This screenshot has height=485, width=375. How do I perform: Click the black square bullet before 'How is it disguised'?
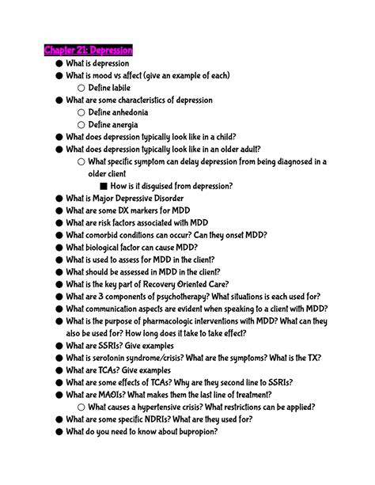pyautogui.click(x=102, y=186)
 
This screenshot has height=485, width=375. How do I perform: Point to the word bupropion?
pyautogui.click(x=194, y=431)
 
